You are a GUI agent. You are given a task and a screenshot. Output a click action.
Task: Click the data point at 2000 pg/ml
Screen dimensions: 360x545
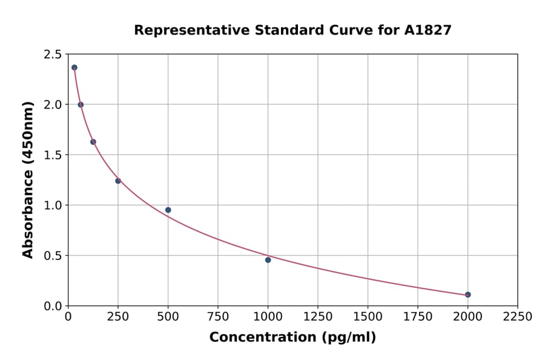tap(467, 295)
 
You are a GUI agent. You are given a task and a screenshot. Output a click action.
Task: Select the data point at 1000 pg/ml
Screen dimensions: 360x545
tap(268, 260)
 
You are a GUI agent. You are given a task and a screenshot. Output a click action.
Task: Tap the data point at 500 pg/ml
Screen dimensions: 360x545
tap(168, 210)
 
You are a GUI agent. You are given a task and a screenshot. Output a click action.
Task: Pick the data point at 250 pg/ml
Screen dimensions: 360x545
tap(118, 181)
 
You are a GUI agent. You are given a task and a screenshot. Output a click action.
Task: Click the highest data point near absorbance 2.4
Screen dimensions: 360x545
tap(74, 67)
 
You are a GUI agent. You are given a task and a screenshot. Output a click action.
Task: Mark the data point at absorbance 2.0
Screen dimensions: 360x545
tap(81, 105)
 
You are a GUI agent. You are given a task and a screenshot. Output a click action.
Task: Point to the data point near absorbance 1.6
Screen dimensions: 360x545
tap(93, 142)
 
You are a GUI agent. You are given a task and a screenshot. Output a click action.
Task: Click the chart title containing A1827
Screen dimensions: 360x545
tap(292, 30)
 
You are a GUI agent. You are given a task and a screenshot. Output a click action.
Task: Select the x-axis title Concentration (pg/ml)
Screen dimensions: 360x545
tap(292, 338)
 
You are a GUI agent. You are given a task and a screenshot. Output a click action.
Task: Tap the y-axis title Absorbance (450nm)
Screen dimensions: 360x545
tap(28, 180)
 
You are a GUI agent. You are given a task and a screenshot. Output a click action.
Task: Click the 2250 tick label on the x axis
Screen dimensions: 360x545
tap(517, 317)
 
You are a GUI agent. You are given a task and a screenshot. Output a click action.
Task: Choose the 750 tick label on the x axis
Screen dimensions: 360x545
tap(218, 317)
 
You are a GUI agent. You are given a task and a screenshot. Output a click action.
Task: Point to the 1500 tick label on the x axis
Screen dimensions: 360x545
tap(368, 317)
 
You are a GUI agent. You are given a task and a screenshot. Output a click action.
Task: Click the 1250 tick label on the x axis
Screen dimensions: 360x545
tap(317, 317)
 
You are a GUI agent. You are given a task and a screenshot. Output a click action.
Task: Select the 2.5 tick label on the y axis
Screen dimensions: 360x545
tap(52, 55)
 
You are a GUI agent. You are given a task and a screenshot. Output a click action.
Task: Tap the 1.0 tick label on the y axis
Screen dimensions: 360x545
tap(52, 205)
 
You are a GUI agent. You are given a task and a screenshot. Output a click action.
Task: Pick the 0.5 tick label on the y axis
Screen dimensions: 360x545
tap(52, 256)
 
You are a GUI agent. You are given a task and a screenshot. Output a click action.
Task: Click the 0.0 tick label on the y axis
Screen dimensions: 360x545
tap(52, 306)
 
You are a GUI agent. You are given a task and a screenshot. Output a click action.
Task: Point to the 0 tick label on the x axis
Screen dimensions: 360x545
tap(68, 317)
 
